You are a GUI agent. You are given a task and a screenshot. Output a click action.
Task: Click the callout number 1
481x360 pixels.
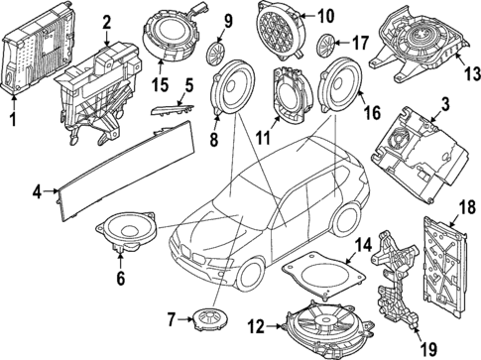pos(13,120)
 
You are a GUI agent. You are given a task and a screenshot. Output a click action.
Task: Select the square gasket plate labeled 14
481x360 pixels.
pos(322,275)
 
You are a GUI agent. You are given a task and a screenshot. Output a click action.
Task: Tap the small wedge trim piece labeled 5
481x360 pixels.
pos(172,111)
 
